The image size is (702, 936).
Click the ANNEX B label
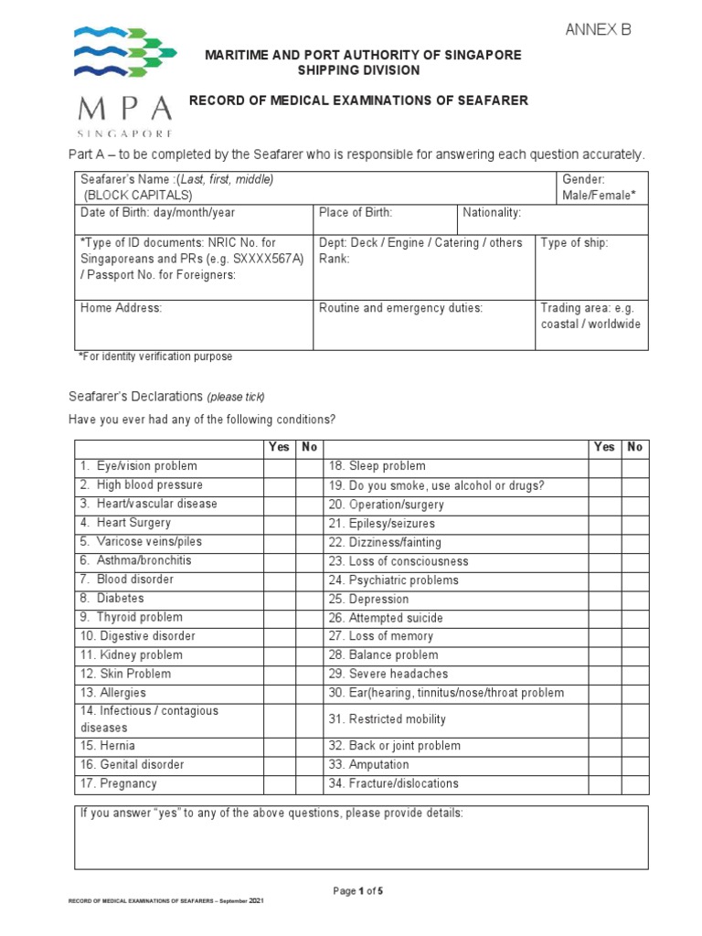[598, 30]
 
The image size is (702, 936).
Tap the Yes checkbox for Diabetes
[279, 599]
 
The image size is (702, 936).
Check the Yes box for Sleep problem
[604, 467]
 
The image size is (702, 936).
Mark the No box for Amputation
[635, 765]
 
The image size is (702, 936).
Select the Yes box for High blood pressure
[279, 485]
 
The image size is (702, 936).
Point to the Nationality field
[551, 219]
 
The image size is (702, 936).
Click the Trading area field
[592, 324]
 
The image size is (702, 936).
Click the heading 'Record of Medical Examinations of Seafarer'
[358, 101]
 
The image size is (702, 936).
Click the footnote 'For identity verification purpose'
[156, 356]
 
